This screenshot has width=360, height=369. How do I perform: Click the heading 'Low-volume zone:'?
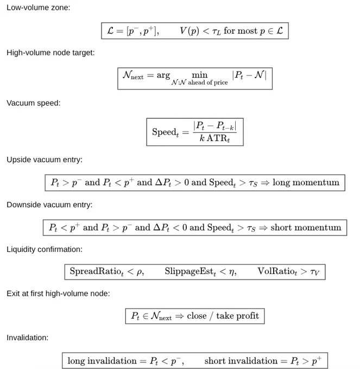click(x=39, y=8)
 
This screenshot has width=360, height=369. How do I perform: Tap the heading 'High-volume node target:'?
click(x=50, y=53)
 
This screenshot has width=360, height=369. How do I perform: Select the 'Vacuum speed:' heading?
click(x=34, y=103)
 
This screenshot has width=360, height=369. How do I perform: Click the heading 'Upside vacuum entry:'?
click(x=45, y=160)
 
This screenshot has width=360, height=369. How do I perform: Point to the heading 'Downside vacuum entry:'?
click(x=49, y=205)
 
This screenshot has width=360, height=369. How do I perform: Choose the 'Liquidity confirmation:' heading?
click(x=45, y=250)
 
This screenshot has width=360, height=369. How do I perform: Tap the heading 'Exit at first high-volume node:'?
click(x=58, y=294)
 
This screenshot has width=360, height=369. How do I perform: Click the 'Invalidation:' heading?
click(x=27, y=338)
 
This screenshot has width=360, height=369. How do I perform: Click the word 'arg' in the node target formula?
click(x=163, y=75)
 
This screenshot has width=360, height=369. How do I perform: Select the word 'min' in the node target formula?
click(x=200, y=75)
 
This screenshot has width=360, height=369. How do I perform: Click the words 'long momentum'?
click(x=306, y=182)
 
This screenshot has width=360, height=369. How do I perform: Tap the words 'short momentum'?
click(x=306, y=227)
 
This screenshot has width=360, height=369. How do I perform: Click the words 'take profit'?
click(x=238, y=316)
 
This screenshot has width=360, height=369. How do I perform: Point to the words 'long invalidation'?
click(x=102, y=361)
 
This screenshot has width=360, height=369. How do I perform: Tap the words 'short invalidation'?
click(x=241, y=361)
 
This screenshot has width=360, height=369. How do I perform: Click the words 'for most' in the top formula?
click(x=241, y=31)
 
